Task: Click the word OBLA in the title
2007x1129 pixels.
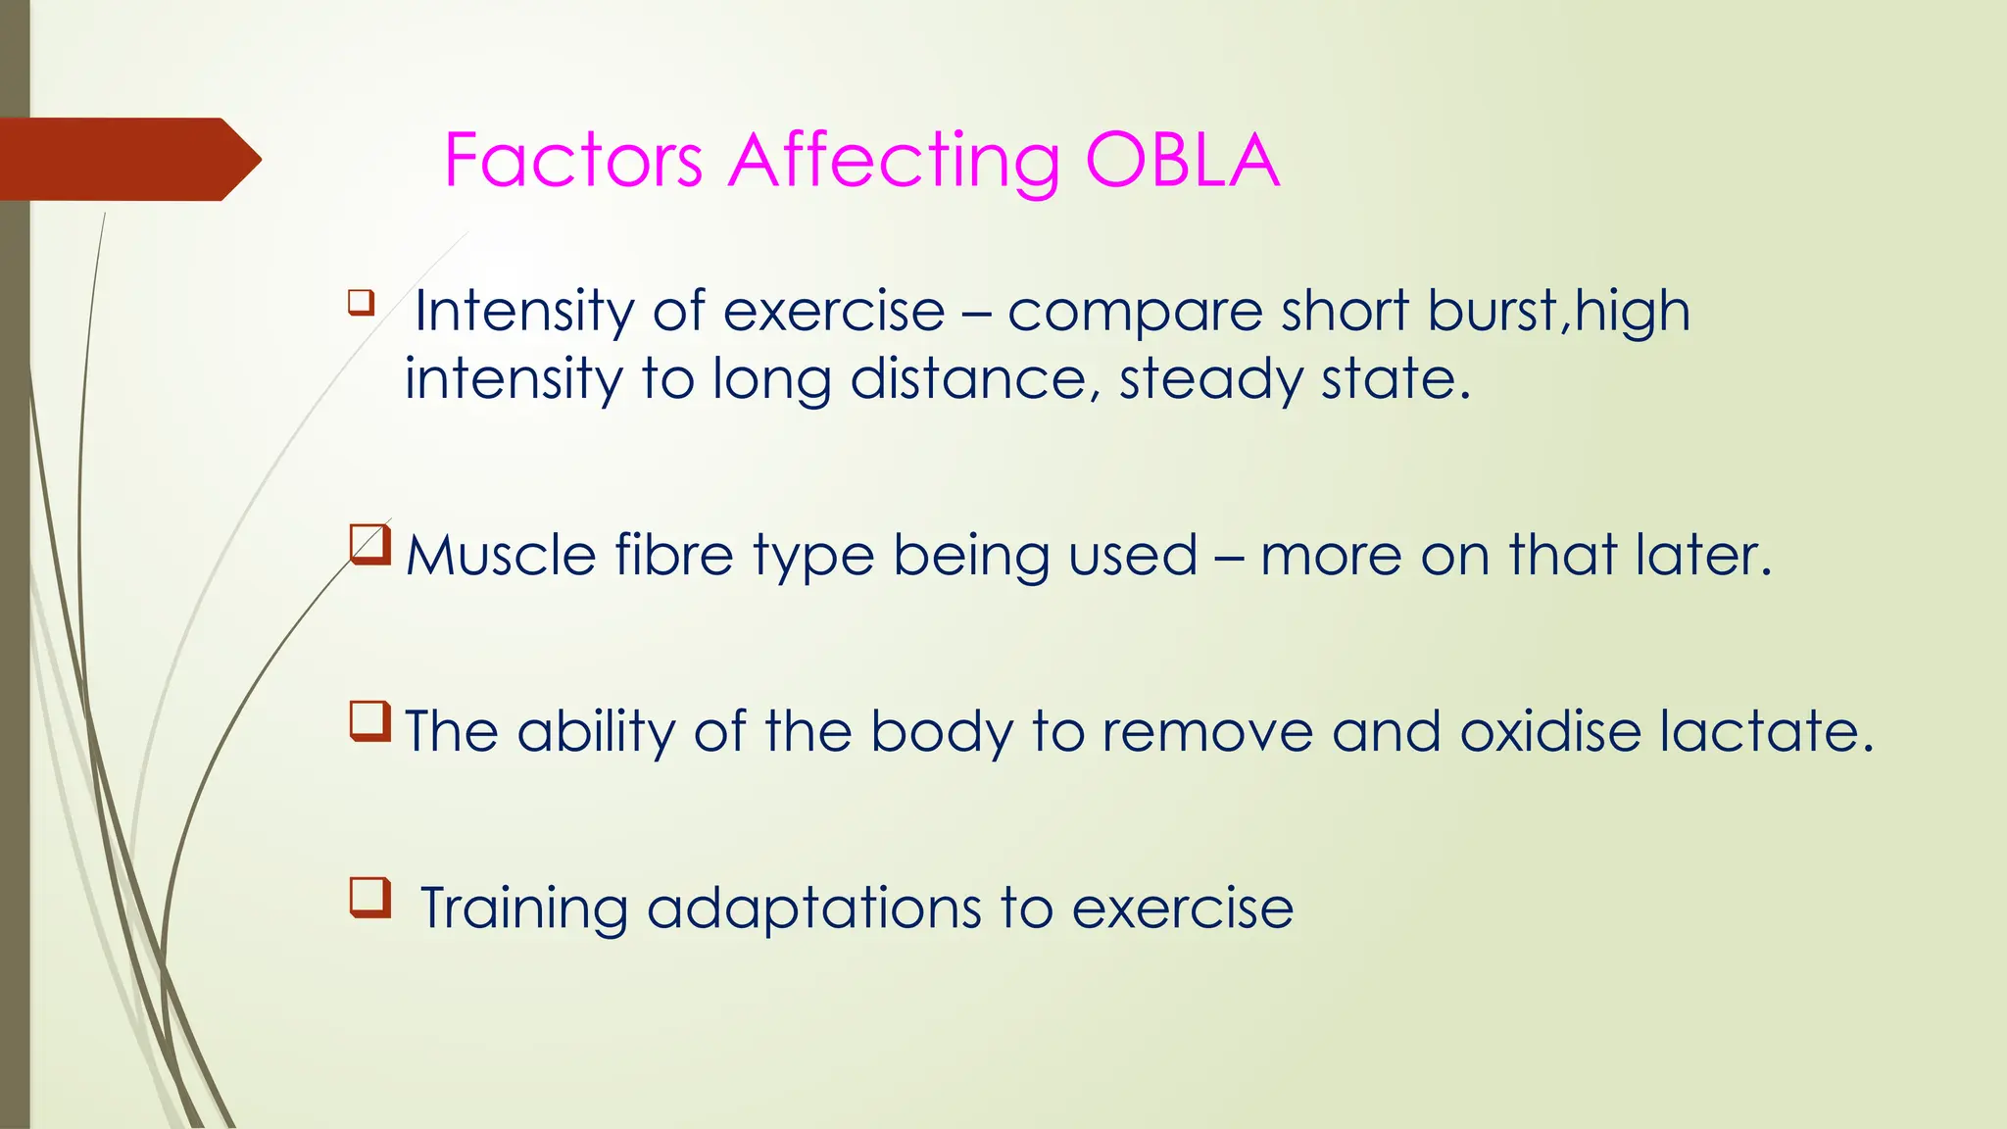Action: [x=1182, y=161]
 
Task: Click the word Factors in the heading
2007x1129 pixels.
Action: [x=573, y=161]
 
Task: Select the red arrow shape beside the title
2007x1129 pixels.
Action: [x=127, y=159]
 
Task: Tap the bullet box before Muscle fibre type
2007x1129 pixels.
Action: [x=370, y=545]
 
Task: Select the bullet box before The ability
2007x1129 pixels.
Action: [x=370, y=721]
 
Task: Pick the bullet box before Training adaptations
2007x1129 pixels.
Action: [x=370, y=898]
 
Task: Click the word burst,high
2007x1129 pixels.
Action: [x=1559, y=312]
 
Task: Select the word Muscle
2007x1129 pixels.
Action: [x=501, y=556]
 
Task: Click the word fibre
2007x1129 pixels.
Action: [x=674, y=556]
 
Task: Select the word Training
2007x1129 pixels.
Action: [x=524, y=909]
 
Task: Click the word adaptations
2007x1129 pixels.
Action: [x=813, y=909]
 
